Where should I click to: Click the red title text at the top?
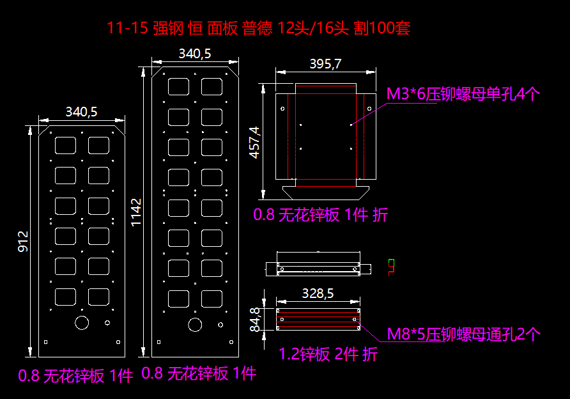click(x=259, y=28)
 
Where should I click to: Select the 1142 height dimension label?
click(x=137, y=211)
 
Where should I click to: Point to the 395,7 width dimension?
click(x=325, y=64)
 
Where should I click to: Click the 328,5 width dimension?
click(x=317, y=293)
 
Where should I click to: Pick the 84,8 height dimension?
click(x=255, y=320)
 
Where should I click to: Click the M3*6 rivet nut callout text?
click(x=463, y=95)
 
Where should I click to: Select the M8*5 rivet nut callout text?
click(x=464, y=334)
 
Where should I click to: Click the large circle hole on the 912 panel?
click(x=82, y=322)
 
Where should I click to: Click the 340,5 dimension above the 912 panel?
click(x=81, y=112)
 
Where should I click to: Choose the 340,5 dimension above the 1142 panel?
click(x=194, y=54)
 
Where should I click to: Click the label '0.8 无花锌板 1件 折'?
click(x=320, y=215)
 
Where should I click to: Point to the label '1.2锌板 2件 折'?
click(x=328, y=354)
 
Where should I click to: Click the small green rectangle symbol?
click(x=391, y=262)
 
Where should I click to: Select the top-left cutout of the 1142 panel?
click(x=177, y=86)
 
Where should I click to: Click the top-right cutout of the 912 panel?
click(x=98, y=145)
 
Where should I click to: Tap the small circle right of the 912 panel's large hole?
click(x=107, y=322)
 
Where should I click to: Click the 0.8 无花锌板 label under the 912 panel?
click(x=75, y=376)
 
